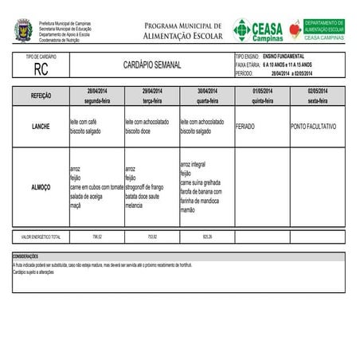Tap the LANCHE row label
click(41, 127)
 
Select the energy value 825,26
click(207, 237)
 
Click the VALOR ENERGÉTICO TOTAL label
click(41, 237)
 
